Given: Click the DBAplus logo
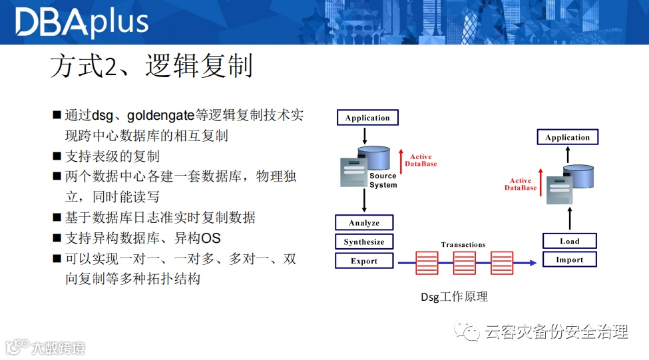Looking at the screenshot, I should click(x=81, y=22).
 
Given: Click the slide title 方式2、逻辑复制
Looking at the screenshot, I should click(x=151, y=67).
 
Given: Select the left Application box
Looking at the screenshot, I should click(x=367, y=118).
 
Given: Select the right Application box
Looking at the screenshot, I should click(x=567, y=138).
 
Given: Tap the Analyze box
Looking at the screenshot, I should click(x=364, y=223).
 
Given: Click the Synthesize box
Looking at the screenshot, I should click(x=364, y=242).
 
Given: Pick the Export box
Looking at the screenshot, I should click(x=364, y=261).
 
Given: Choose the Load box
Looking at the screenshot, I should click(x=569, y=241).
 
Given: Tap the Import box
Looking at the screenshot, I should click(x=569, y=260).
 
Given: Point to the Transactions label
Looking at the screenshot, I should click(x=463, y=245).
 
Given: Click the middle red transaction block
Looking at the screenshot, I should click(x=464, y=262).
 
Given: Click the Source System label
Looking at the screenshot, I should click(x=383, y=180).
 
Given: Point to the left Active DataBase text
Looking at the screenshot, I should click(x=421, y=160).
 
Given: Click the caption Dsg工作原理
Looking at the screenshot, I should click(x=454, y=296).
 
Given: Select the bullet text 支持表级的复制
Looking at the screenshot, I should click(x=112, y=156).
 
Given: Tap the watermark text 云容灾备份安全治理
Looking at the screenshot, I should click(x=556, y=331).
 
